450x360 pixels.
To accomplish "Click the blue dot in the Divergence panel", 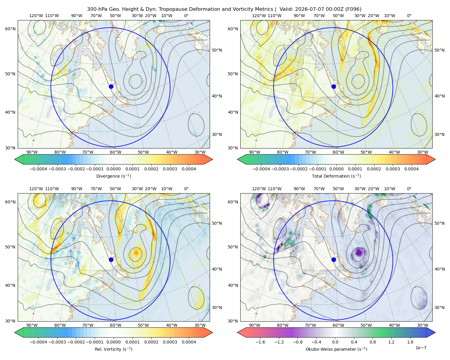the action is click(x=111, y=86).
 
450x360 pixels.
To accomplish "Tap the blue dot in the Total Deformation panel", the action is click(x=334, y=86).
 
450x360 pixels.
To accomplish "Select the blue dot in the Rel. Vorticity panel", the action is click(x=111, y=259).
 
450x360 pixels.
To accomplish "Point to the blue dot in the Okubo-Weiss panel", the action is click(x=334, y=259).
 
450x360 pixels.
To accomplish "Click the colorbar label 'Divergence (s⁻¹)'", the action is click(x=113, y=176).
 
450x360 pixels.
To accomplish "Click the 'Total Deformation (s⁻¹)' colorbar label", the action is click(x=336, y=176).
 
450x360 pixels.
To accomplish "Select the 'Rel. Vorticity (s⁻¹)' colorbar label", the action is click(x=113, y=349).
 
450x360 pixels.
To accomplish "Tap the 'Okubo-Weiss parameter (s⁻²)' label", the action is click(x=336, y=349).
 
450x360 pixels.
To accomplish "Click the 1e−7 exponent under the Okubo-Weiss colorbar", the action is click(x=421, y=348).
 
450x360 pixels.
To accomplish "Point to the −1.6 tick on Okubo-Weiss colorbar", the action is click(x=260, y=342).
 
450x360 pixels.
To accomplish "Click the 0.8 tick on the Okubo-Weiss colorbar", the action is click(x=373, y=342).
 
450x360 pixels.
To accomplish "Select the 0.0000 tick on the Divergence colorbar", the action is click(x=113, y=169).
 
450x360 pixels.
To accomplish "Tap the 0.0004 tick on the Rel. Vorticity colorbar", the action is click(x=189, y=342).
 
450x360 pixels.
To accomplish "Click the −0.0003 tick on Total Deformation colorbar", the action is click(x=280, y=169).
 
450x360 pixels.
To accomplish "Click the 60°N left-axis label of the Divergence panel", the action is click(x=10, y=29).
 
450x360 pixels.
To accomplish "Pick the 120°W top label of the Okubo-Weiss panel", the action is click(x=259, y=189).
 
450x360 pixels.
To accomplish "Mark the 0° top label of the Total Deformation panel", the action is click(x=409, y=16).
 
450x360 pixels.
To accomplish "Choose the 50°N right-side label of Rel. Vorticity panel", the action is click(x=217, y=223).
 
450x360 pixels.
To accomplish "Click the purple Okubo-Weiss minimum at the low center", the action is click(x=358, y=253).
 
